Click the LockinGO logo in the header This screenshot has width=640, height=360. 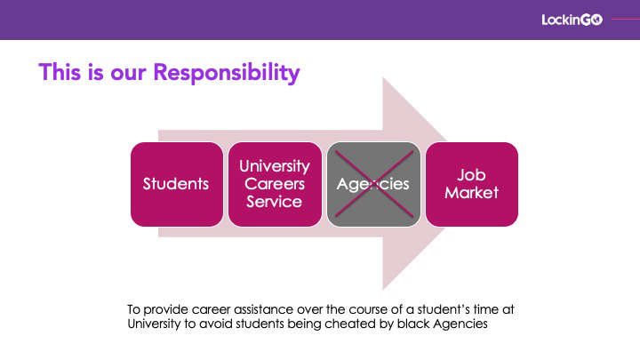tap(572, 20)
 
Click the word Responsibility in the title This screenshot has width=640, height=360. tap(227, 73)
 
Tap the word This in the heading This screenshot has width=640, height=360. tap(60, 72)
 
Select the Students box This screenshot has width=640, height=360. tap(177, 184)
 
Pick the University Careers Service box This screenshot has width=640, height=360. tap(275, 184)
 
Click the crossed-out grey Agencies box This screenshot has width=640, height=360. tap(373, 184)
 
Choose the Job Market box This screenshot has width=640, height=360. tap(472, 184)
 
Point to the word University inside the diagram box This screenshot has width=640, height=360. tap(275, 166)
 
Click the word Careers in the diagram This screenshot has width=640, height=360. tap(275, 184)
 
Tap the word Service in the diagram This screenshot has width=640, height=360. tap(275, 202)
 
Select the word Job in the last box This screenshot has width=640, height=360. tap(471, 175)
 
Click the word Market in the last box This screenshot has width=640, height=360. tap(472, 193)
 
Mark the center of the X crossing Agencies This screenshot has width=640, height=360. tap(374, 184)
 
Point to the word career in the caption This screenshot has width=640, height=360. tap(208, 309)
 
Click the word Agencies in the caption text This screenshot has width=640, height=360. tap(460, 324)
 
